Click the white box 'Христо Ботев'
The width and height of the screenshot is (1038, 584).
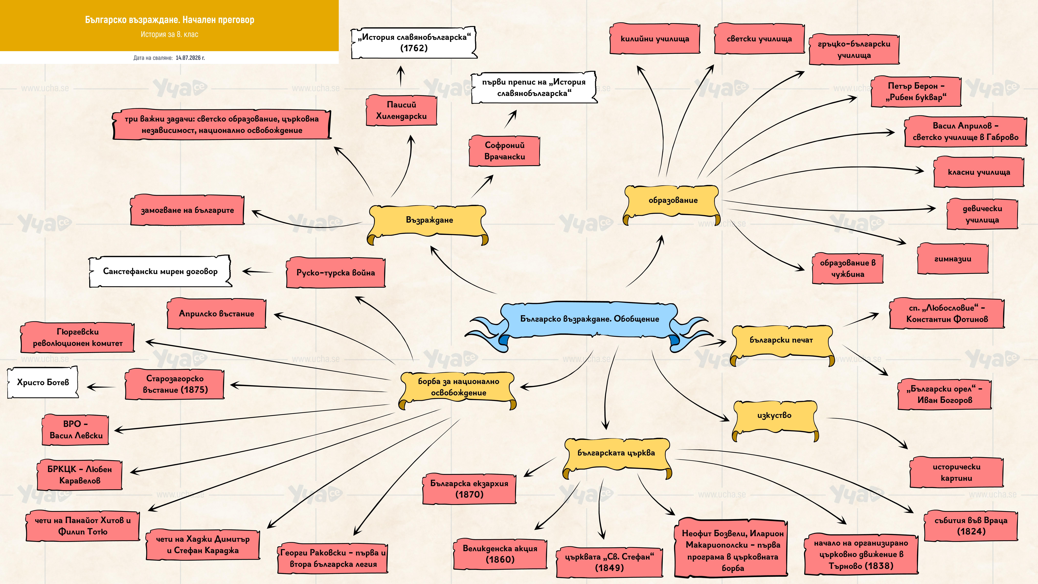[43, 382]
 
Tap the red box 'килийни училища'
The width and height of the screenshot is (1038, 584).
[655, 39]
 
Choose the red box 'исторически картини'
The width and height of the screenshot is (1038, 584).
[956, 472]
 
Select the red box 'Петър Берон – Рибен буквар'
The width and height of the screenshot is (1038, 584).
[916, 92]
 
